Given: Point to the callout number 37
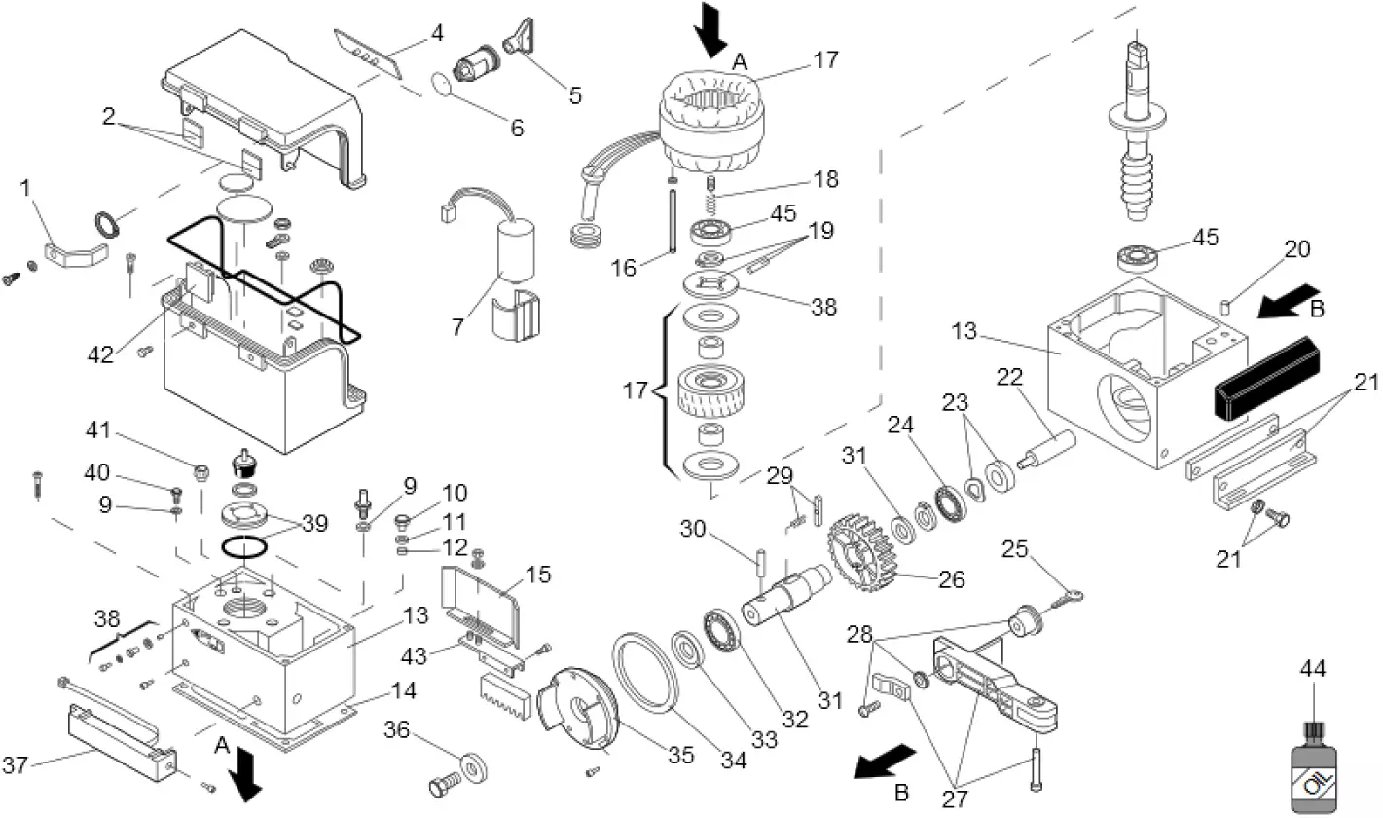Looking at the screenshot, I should tap(15, 766).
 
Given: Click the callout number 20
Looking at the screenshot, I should tap(1296, 249).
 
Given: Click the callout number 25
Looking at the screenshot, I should tap(1014, 549).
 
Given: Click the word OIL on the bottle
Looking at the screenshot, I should tap(1318, 782).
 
